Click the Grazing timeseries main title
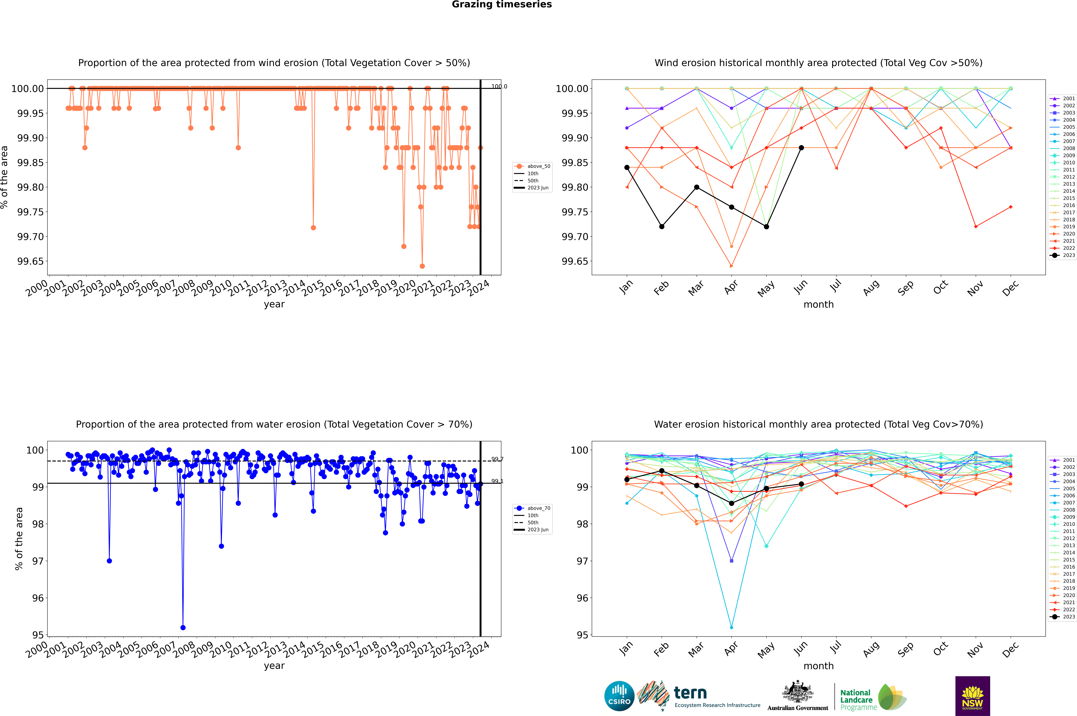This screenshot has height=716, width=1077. point(502,5)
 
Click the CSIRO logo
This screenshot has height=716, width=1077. point(619,696)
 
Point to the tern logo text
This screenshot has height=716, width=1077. point(690,693)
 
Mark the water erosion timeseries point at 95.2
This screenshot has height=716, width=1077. point(183,627)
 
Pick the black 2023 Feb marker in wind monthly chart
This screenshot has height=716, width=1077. point(662,227)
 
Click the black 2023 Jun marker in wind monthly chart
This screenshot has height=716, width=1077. point(801,147)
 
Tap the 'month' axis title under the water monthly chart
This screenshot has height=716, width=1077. point(818,666)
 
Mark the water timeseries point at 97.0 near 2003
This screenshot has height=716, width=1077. point(109,561)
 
